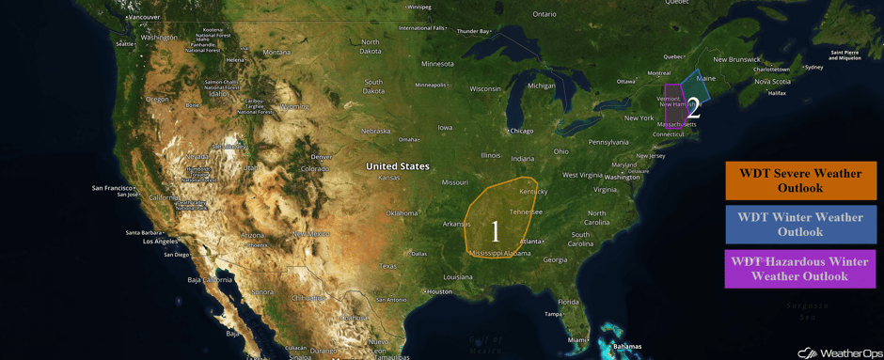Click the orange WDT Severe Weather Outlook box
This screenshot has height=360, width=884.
800,180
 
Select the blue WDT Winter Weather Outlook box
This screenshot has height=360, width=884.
800,224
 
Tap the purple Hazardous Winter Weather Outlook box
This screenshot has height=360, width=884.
800,268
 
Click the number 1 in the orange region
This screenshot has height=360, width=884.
496,230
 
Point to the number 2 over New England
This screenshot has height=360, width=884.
693,107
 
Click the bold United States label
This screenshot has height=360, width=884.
397,166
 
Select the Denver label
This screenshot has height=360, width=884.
321,157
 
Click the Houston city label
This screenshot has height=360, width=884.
439,291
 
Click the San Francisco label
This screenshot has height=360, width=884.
112,188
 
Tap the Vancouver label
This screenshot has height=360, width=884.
144,17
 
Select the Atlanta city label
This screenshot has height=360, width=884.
531,242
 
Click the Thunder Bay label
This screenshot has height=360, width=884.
473,31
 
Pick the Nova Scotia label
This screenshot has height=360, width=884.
772,82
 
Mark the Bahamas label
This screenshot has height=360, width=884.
626,346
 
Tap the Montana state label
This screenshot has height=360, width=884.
276,53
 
